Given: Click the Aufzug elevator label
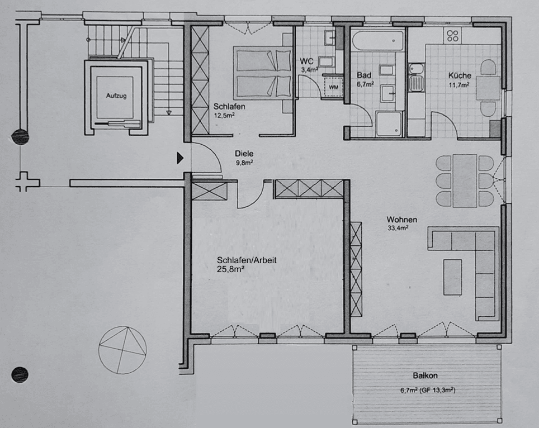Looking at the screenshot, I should click(x=116, y=96).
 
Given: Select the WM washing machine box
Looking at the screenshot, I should click(x=333, y=87).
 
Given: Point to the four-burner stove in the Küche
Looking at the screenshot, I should click(x=452, y=36).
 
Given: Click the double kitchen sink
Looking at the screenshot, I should click(x=416, y=78).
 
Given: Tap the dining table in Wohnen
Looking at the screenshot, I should click(x=465, y=180).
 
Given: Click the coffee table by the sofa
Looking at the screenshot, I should click(x=453, y=277).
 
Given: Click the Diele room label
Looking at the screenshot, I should click(x=244, y=153).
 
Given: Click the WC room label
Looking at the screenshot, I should click(x=306, y=61).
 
